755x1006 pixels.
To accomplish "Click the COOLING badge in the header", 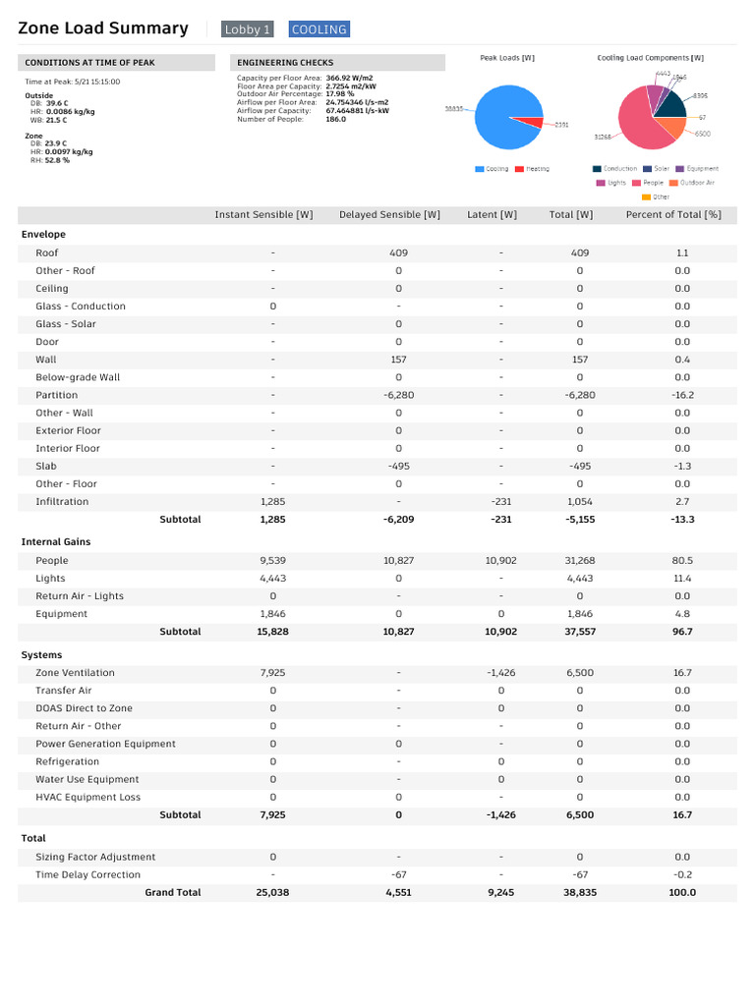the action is (x=319, y=29).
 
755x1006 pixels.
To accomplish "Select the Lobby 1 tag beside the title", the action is (x=247, y=29).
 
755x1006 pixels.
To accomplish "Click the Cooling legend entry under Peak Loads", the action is (x=492, y=169).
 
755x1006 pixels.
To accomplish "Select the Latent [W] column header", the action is (x=492, y=215).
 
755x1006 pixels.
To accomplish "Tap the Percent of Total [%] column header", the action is (x=673, y=215).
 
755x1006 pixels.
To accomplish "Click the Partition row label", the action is (x=56, y=395).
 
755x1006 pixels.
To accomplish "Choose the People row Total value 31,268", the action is (x=580, y=561).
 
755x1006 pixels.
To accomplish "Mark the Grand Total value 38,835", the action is (x=580, y=892).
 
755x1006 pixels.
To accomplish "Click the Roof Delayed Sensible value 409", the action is (x=399, y=252).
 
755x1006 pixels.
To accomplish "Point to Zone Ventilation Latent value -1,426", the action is (x=500, y=673).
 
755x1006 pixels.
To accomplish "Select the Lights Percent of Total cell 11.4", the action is (x=682, y=579).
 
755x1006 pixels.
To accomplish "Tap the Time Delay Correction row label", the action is (x=87, y=875).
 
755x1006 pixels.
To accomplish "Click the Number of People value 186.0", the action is (x=336, y=119).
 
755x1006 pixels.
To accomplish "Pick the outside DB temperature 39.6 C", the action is (x=57, y=103).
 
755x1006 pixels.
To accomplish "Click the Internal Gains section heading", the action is (x=56, y=542).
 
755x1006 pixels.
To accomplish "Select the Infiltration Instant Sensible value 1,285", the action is (x=273, y=502).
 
